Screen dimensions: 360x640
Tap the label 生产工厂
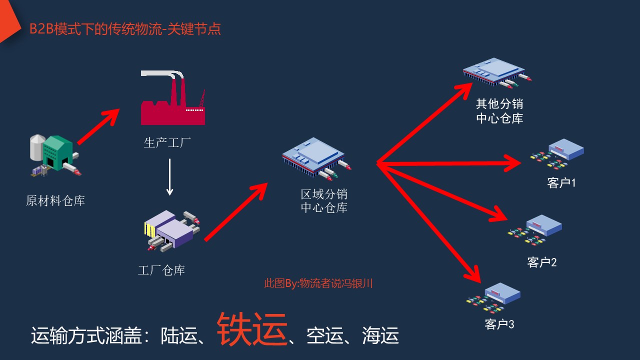167,143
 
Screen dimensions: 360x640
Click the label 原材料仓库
55,201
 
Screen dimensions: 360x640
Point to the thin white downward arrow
170,177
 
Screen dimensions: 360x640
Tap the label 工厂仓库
161,270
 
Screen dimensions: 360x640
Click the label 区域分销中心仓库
324,201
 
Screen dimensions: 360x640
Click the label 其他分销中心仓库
499,111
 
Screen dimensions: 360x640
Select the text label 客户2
542,262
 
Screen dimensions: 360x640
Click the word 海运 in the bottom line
380,336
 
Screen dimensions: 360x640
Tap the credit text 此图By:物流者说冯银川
318,283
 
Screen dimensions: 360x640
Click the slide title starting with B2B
125,29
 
